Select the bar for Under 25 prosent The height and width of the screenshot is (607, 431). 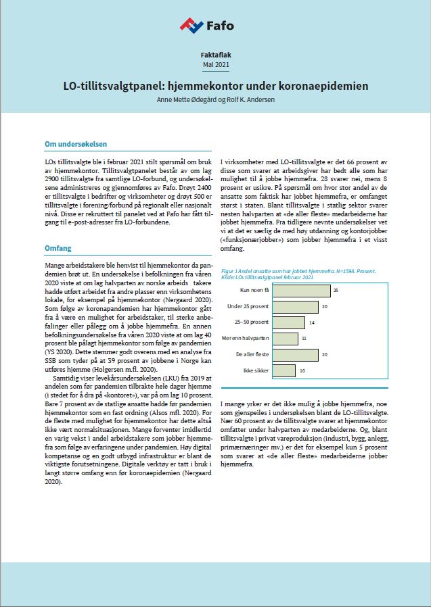pyautogui.click(x=289, y=306)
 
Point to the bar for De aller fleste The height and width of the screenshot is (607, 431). pyautogui.click(x=289, y=354)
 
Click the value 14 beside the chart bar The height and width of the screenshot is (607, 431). pyautogui.click(x=311, y=322)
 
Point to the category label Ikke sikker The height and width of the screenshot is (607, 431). pyautogui.click(x=246, y=370)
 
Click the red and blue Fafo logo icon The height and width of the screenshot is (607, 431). pyautogui.click(x=191, y=26)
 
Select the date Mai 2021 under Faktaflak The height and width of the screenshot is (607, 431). pyautogui.click(x=215, y=64)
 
